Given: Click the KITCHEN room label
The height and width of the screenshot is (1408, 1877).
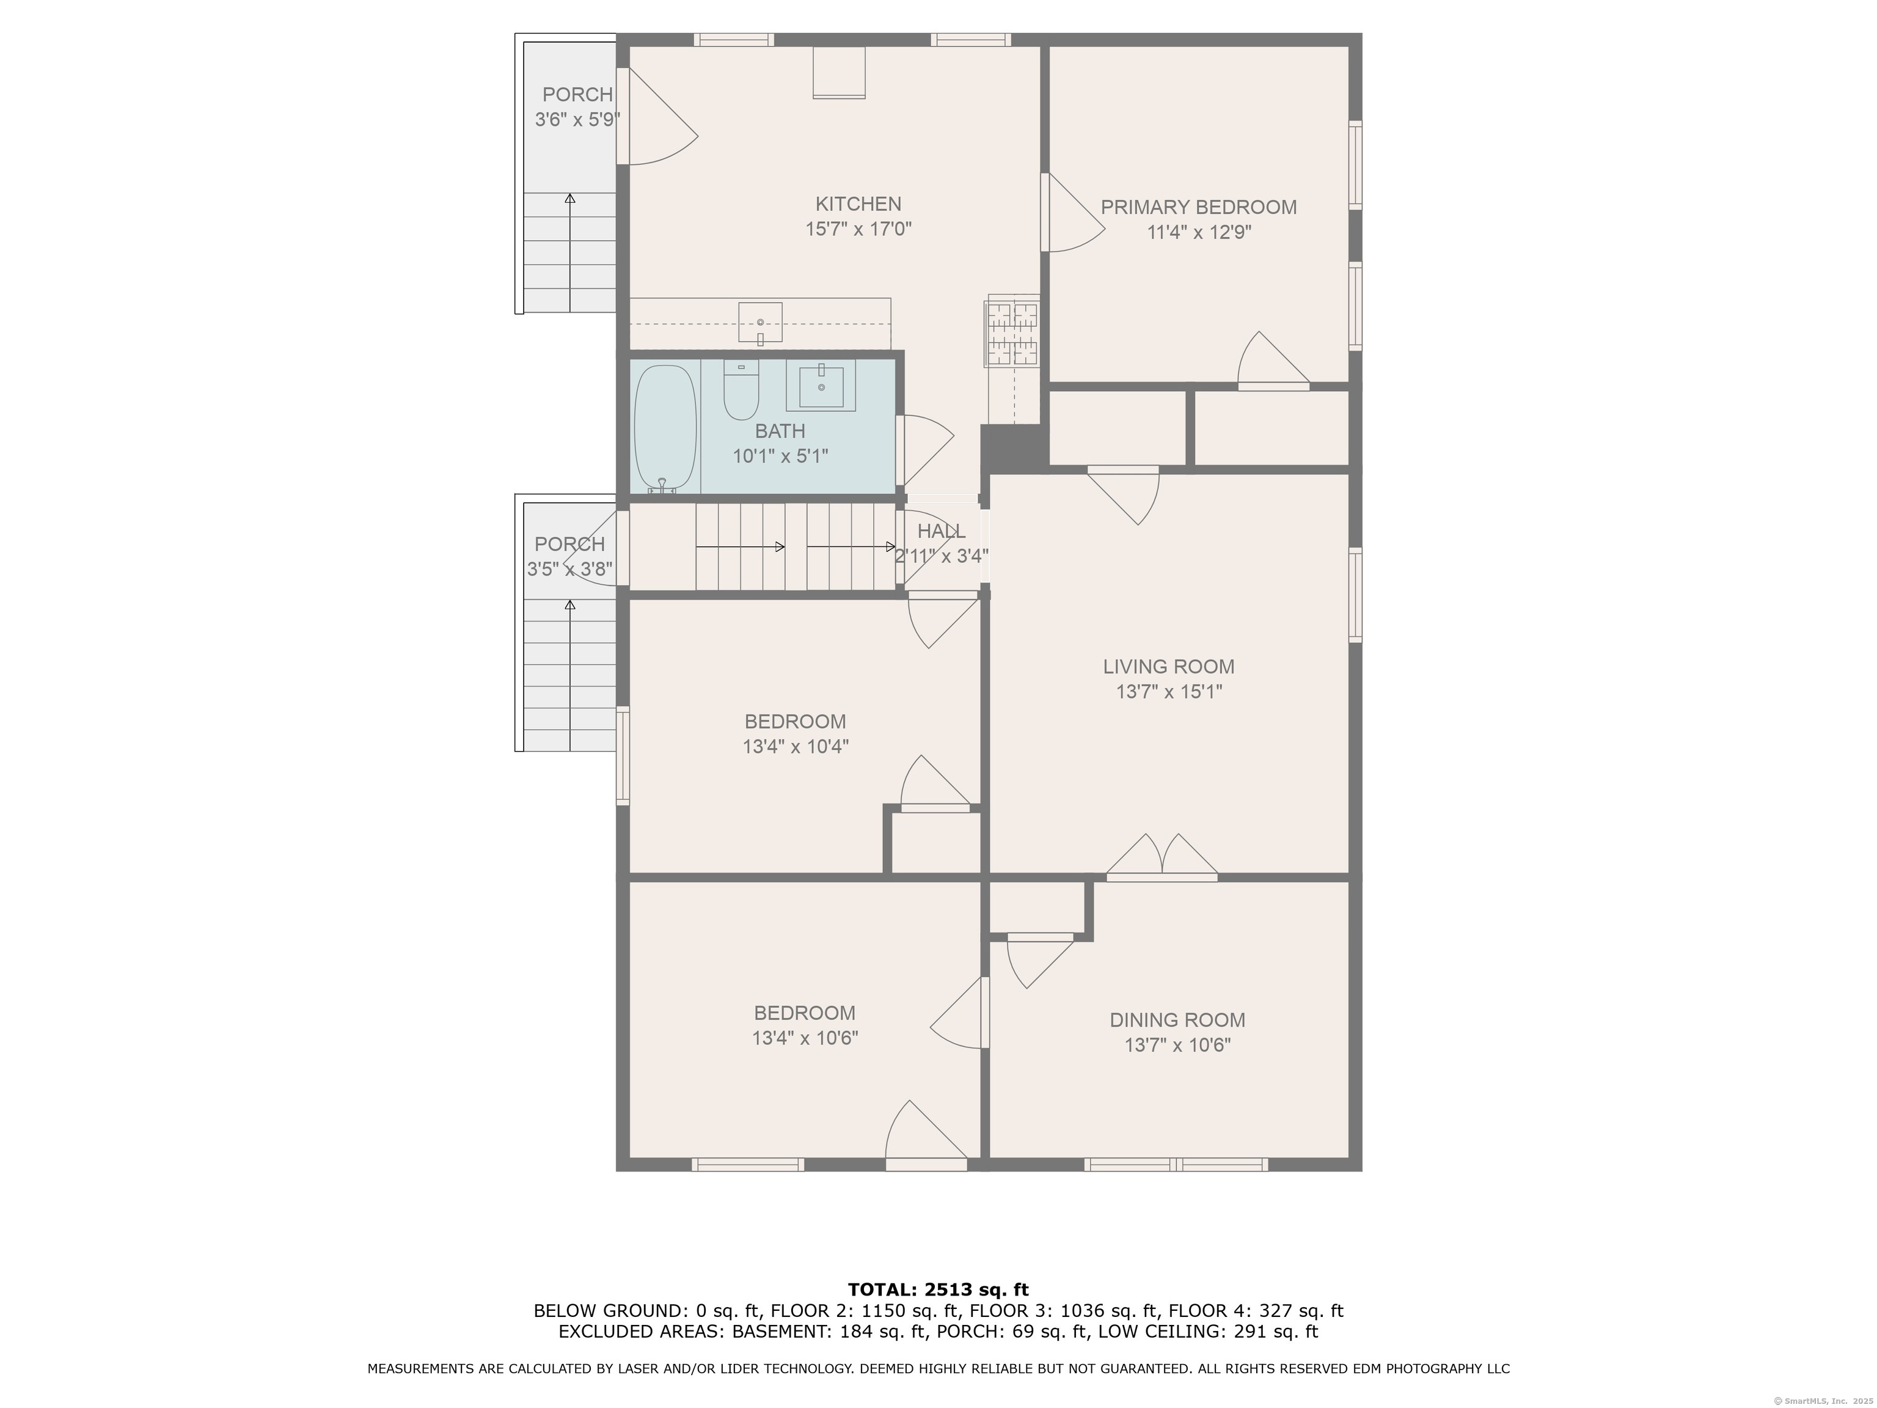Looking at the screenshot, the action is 858,204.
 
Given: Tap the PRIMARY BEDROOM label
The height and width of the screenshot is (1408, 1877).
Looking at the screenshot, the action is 1198,207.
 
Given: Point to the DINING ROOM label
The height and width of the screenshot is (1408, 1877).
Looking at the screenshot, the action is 1177,1019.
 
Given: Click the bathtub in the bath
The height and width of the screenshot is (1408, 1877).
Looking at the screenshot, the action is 666,428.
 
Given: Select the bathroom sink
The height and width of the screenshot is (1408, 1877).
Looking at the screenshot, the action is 821,386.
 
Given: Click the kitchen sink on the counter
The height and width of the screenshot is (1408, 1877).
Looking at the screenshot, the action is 760,323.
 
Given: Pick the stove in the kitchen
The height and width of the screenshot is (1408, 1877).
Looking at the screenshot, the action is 1012,331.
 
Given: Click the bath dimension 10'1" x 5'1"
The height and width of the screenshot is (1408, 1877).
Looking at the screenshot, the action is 780,456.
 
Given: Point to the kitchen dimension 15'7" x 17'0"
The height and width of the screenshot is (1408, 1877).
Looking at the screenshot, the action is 858,229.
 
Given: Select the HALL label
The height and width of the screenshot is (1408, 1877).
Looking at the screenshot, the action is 941,531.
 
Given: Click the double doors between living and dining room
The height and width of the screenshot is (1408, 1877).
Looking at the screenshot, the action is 1162,856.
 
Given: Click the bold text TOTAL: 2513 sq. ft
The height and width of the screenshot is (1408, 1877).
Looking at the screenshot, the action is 938,1290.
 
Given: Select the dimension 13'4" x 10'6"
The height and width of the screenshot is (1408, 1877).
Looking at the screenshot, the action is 805,1037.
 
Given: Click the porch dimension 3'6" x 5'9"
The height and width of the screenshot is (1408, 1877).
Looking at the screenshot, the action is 577,120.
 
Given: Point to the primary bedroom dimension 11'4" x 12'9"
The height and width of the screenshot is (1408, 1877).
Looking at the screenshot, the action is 1198,232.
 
